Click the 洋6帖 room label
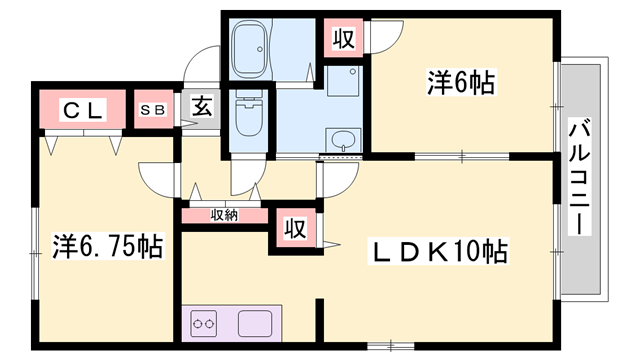pos(461,82)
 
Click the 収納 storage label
pos(224,214)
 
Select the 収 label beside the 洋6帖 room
pos(343,40)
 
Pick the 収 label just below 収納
pos(293,227)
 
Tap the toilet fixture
pos(245,118)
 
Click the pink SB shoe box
pos(155,110)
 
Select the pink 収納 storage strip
pos(224,214)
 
